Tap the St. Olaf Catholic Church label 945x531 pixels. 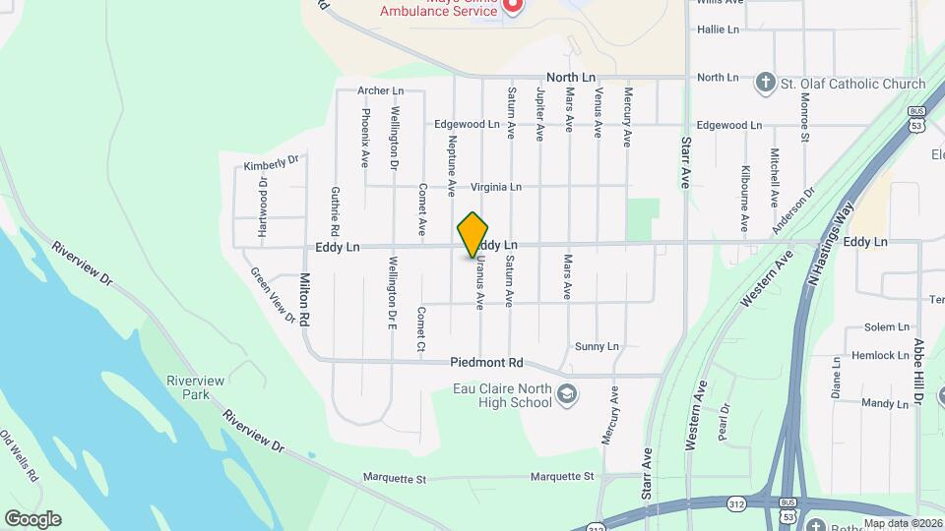853,85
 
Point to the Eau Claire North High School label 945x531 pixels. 502,395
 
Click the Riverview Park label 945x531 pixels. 195,387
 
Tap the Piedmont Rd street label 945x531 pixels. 486,362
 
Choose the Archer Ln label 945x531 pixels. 381,90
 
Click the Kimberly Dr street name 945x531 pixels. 271,162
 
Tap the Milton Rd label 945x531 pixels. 305,300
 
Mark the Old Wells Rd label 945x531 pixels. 19,455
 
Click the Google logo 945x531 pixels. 32,519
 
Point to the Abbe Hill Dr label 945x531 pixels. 917,372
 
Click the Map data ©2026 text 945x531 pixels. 902,523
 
